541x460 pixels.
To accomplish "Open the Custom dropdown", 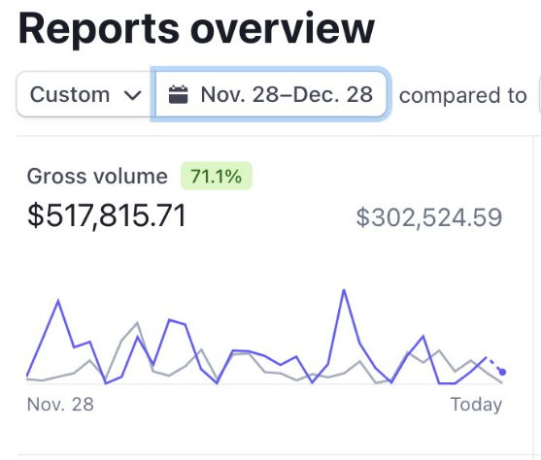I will click(85, 95).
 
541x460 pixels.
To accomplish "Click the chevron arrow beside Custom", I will click(132, 95).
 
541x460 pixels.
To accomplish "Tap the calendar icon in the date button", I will click(178, 95).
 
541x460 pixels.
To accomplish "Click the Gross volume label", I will click(97, 177).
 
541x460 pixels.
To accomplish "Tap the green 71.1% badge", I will click(216, 177).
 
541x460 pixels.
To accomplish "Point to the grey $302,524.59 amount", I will click(428, 217).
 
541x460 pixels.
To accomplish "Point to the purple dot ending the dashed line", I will click(502, 372).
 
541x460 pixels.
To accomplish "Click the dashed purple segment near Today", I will click(494, 365).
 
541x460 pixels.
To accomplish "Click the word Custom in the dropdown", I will click(70, 95).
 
